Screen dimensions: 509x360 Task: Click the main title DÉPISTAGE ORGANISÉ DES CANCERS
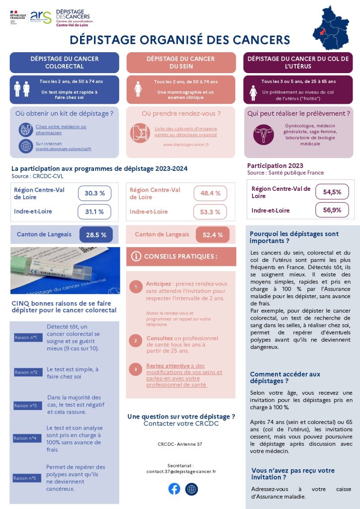coord(180,40)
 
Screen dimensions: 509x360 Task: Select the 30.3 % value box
coord(94,193)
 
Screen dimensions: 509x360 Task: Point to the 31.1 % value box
coord(94,212)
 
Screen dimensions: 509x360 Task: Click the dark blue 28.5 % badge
coord(96,235)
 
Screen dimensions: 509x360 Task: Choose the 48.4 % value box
coord(210,193)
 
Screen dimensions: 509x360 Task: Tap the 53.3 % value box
coord(210,212)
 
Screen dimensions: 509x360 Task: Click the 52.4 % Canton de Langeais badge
coord(213,235)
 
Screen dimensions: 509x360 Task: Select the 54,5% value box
coord(332,191)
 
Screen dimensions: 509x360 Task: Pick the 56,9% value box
coord(332,210)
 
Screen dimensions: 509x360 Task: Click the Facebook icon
coord(174,489)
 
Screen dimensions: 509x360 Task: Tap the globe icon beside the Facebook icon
coord(191,489)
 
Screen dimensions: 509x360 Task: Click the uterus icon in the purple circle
coord(263,134)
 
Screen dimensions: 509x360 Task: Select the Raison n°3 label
coord(26,406)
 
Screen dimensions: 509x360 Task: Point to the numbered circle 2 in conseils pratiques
coord(135,340)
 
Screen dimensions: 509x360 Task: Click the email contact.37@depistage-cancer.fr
coord(181,471)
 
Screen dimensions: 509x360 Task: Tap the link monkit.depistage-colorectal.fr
coord(63,149)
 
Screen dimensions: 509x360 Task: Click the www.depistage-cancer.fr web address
coord(186,145)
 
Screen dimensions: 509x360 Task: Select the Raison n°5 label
coord(26,478)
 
